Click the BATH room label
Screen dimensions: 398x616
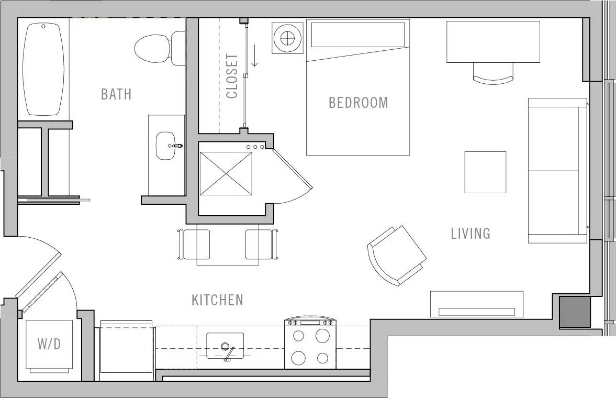pyautogui.click(x=116, y=94)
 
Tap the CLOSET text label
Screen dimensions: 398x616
pyautogui.click(x=232, y=76)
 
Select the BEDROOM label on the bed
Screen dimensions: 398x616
pyautogui.click(x=358, y=102)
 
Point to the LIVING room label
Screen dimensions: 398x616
pyautogui.click(x=471, y=233)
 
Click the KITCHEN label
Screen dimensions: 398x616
pyautogui.click(x=217, y=300)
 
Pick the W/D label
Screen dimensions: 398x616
pyautogui.click(x=49, y=344)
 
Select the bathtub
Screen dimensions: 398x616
pyautogui.click(x=43, y=69)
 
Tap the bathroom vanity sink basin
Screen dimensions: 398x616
pyautogui.click(x=166, y=145)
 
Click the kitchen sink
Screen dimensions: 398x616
pyautogui.click(x=225, y=346)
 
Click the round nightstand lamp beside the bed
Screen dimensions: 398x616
pyautogui.click(x=287, y=38)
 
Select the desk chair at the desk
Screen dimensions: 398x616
pyautogui.click(x=493, y=75)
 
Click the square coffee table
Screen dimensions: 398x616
pyautogui.click(x=485, y=172)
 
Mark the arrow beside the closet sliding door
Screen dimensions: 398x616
pyautogui.click(x=255, y=56)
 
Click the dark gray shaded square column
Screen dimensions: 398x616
pyautogui.click(x=575, y=312)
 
